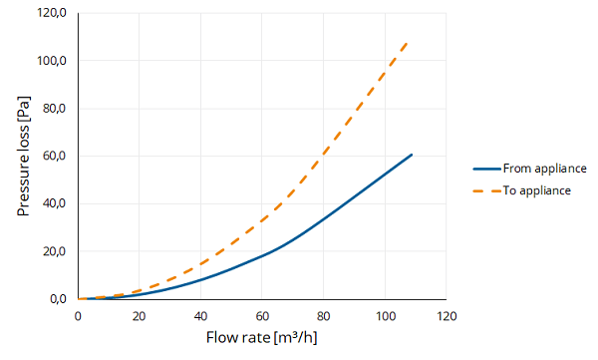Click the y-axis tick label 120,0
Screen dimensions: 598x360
(51, 13)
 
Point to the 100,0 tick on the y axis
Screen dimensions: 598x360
(51, 61)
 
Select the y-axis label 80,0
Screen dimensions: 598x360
(54, 109)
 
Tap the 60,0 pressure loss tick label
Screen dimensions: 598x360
(54, 156)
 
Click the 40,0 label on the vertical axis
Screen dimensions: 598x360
(54, 203)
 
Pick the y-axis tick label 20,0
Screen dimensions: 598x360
(54, 251)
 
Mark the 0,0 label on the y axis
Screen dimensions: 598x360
(58, 299)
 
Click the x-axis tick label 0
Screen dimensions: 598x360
(78, 316)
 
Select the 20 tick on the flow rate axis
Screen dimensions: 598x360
(140, 316)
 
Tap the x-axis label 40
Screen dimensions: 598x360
(200, 316)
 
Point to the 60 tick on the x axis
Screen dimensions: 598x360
(262, 316)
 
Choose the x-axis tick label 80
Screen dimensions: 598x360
(323, 316)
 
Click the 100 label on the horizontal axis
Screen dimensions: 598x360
(385, 316)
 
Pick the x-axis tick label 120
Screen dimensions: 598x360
(447, 316)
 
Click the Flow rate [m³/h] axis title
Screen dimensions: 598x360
(261, 337)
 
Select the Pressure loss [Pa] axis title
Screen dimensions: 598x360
(23, 156)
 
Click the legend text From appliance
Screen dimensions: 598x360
(544, 169)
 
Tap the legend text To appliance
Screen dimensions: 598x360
(536, 190)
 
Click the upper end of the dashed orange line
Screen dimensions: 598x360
(408, 42)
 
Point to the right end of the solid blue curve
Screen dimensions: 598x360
(412, 155)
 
